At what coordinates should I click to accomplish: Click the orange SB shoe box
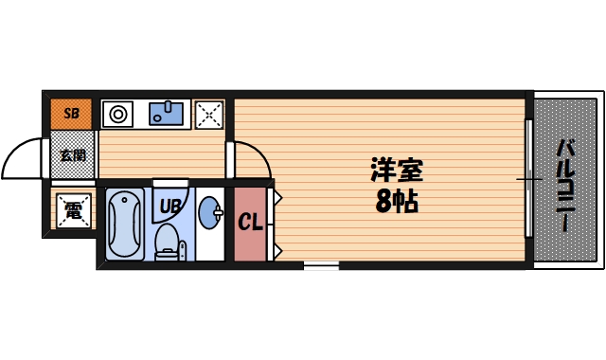(71, 114)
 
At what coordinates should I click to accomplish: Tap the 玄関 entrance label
(72, 154)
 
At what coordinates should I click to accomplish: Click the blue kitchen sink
(169, 115)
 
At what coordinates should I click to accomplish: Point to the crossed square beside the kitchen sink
(208, 115)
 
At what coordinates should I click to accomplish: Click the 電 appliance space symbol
(73, 210)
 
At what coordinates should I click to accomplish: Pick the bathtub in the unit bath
(124, 225)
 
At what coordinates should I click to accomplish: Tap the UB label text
(169, 204)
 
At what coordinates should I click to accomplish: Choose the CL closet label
(250, 224)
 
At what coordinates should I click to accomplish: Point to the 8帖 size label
(397, 201)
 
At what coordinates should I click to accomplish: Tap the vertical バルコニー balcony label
(565, 186)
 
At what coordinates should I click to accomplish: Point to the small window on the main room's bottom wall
(321, 266)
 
